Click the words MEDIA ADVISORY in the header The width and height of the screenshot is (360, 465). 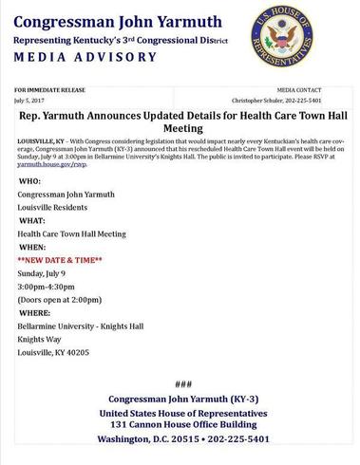coord(86,57)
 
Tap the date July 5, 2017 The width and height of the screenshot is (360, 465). coord(29,98)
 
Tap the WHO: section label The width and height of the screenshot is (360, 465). coord(28,180)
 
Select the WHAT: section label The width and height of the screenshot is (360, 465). coord(31,220)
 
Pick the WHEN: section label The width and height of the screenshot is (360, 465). coord(31,246)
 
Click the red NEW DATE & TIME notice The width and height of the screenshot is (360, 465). coord(60,259)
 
